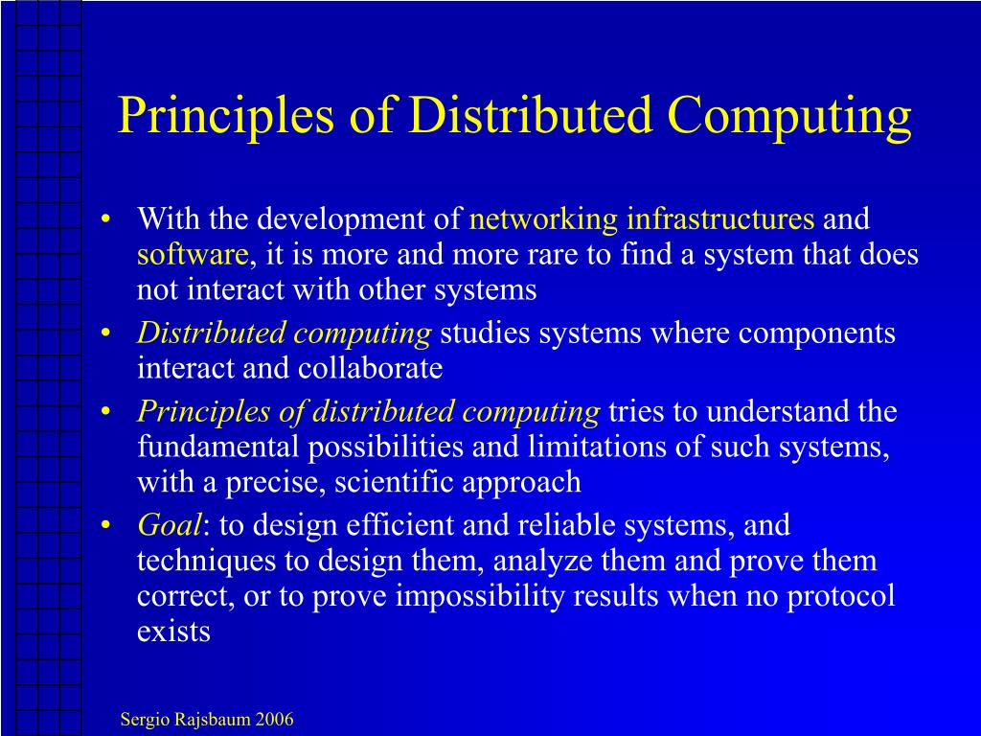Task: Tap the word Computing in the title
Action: coord(789,117)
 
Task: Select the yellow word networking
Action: coord(543,219)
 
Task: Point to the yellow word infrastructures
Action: coord(720,219)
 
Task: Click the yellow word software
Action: coord(193,255)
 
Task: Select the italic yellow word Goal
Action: coord(170,525)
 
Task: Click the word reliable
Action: coord(562,525)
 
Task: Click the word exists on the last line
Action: coord(173,632)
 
